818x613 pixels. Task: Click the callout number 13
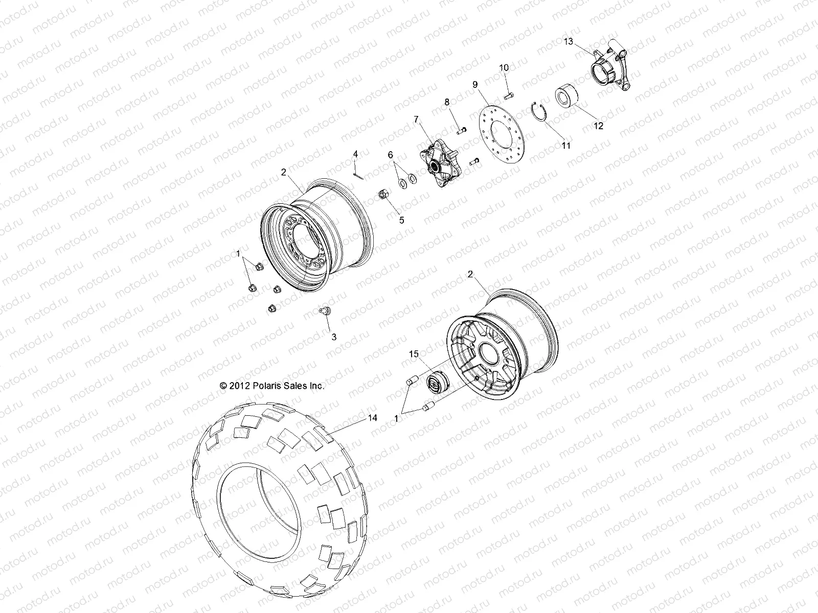tap(569, 41)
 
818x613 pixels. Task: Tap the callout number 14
tap(372, 418)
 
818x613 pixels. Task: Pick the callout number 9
tap(474, 84)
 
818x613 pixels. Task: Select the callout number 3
tap(334, 337)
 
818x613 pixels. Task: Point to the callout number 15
tap(414, 353)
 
